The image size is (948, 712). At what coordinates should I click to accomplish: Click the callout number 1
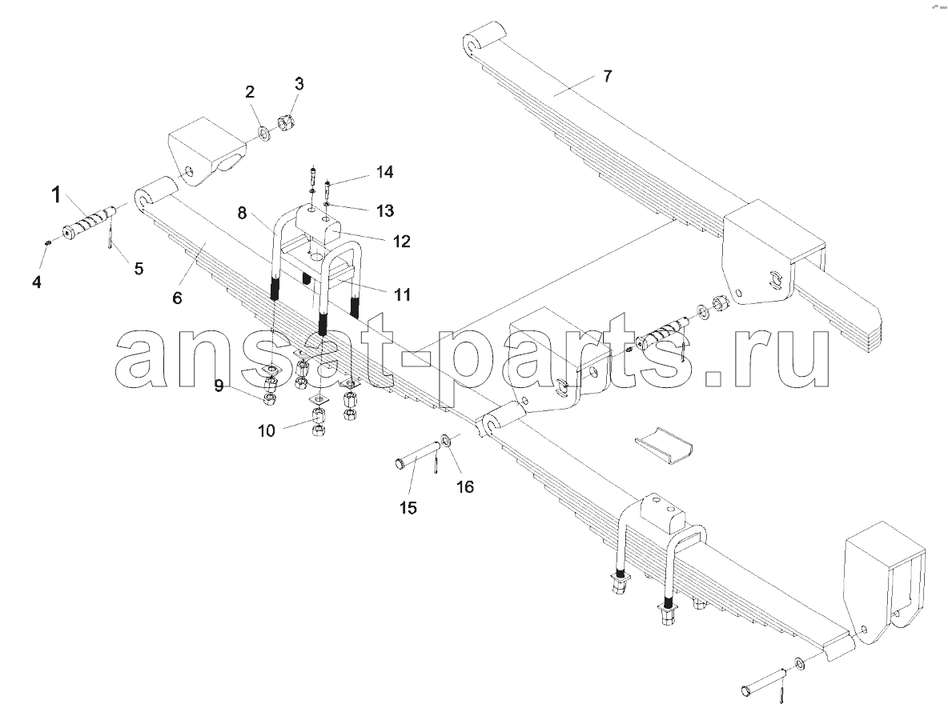55,195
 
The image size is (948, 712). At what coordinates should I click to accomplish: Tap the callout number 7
608,76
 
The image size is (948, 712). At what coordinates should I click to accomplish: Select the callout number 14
384,172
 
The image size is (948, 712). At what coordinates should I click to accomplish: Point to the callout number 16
465,486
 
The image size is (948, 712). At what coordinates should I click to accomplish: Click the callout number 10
266,430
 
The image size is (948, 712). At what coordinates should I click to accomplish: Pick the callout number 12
401,242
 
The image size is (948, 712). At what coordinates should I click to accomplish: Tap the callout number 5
139,269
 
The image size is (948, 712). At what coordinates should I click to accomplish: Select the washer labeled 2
265,132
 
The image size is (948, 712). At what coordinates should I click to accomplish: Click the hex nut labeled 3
285,122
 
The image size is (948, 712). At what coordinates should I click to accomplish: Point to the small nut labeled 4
47,242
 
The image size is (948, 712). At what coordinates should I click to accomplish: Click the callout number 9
219,386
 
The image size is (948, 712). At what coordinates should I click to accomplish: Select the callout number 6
177,298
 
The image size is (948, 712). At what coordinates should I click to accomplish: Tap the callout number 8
242,213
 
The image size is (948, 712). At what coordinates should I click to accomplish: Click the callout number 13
385,210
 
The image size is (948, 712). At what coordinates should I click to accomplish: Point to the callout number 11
402,294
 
